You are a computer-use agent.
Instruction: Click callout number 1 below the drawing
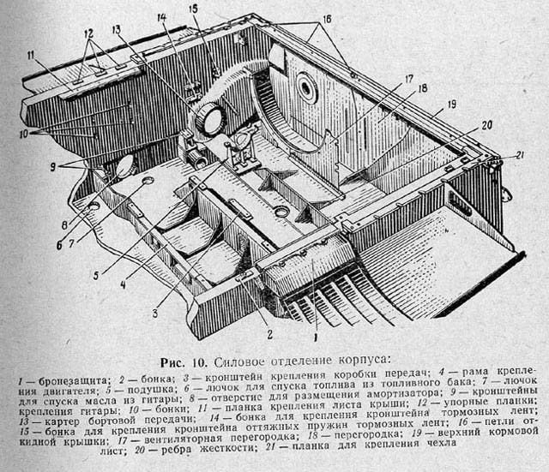point(315,325)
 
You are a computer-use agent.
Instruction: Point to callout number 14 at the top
point(161,19)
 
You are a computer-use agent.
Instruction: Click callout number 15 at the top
point(193,9)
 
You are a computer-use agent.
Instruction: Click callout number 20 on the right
point(486,125)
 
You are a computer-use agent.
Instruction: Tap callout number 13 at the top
point(116,29)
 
